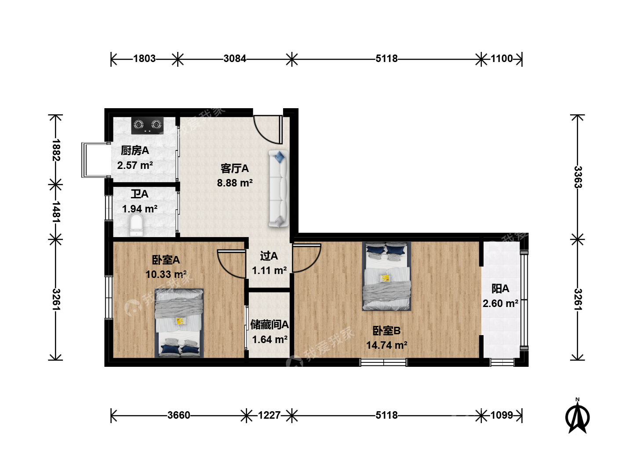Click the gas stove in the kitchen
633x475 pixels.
[x=147, y=125]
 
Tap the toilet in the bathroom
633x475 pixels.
[x=136, y=225]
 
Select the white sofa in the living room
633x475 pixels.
[x=279, y=188]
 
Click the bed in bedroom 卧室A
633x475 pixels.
[x=179, y=323]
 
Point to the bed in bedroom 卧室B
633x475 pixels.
[x=386, y=276]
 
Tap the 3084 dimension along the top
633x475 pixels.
[x=235, y=58]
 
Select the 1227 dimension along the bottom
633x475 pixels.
[x=269, y=415]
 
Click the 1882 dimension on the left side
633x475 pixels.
[x=56, y=150]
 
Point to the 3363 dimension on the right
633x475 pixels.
[x=578, y=177]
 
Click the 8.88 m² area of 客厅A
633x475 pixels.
[x=235, y=183]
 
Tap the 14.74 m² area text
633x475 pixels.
[x=386, y=345]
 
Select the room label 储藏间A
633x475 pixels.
[x=269, y=325]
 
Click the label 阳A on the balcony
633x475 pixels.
[x=500, y=289]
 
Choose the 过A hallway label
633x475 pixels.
[x=269, y=256]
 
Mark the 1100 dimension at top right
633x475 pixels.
[x=502, y=58]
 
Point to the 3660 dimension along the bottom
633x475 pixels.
[x=179, y=415]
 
